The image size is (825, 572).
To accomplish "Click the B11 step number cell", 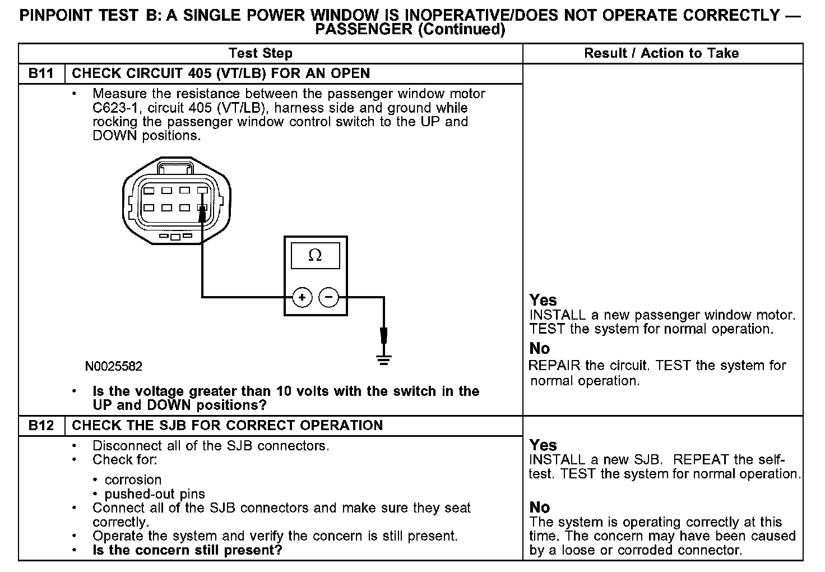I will [x=41, y=73].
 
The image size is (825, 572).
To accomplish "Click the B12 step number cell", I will [x=41, y=425].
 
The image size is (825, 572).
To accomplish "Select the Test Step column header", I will [x=261, y=53].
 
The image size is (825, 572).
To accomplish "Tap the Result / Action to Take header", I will [x=661, y=53].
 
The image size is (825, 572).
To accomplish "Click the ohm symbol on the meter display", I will [x=315, y=256].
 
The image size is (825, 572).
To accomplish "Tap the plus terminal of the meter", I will [x=302, y=297].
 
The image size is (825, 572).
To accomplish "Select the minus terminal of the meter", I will [x=329, y=297].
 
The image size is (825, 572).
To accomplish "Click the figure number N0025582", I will [x=114, y=367].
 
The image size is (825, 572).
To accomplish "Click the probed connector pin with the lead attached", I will [x=202, y=209].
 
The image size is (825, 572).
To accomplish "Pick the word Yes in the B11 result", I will [x=543, y=300].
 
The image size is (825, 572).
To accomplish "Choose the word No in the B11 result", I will [x=540, y=349].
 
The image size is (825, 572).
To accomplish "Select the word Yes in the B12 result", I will [x=543, y=445].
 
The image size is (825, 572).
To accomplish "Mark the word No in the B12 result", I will [x=540, y=508].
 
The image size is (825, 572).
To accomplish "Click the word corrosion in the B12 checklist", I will [x=133, y=480].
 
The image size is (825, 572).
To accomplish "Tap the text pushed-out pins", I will [x=155, y=494].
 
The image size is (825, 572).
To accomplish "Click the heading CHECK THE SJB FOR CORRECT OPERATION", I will [x=227, y=425].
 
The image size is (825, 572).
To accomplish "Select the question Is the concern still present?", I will [x=187, y=550].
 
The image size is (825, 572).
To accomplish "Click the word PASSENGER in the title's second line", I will [x=364, y=30].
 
